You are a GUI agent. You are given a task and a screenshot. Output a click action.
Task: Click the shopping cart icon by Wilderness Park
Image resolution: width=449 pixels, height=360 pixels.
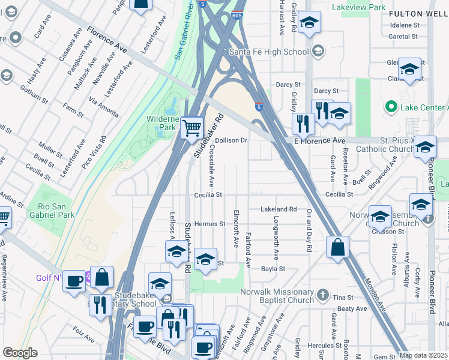click(191, 127)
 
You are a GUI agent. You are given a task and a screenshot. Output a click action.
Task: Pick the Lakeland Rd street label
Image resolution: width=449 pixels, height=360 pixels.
click(279, 209)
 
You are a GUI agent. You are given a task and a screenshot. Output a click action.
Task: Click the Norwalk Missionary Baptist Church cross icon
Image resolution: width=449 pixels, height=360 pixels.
click(323, 294)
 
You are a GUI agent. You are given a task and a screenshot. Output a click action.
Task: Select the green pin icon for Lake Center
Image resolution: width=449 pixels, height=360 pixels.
click(391, 107)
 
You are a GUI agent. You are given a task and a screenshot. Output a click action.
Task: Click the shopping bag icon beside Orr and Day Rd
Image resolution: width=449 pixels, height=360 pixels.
click(338, 247)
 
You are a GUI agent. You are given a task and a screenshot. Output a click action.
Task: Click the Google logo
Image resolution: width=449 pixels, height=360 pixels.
click(20, 353)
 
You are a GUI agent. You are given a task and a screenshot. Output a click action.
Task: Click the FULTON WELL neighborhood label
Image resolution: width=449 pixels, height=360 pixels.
click(418, 13)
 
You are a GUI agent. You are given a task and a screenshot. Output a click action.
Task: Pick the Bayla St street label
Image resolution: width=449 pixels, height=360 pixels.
click(272, 269)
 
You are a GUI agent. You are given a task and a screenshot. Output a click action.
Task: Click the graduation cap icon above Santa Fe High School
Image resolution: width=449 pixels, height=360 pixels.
click(309, 23)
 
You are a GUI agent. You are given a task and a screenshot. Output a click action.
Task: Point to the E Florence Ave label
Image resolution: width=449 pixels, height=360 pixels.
click(320, 140)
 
